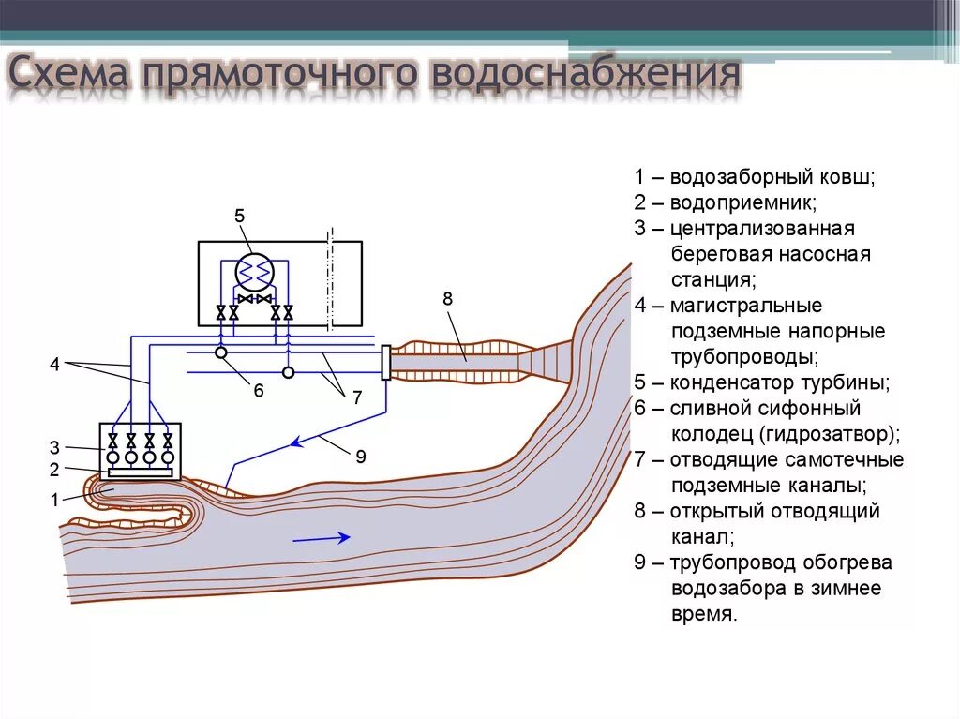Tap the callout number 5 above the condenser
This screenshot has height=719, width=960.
239,217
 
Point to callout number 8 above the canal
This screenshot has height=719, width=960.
447,299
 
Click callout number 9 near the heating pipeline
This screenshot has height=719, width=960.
360,457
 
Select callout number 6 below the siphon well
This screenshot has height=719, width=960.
259,389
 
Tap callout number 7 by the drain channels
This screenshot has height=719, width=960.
356,397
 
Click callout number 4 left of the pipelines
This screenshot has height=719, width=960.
54,365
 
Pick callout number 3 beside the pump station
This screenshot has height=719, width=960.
54,446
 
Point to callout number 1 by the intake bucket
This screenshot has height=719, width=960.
54,500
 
